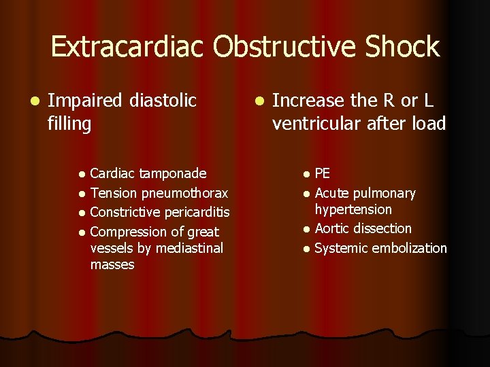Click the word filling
69,124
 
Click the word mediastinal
189,248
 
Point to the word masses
112,264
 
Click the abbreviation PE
323,174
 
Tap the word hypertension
353,210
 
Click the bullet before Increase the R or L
258,102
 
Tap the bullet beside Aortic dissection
307,230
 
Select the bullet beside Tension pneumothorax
82,194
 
